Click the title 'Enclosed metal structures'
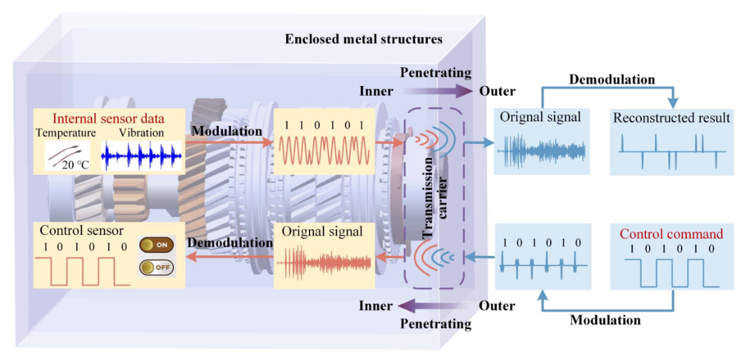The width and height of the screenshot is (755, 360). click(364, 39)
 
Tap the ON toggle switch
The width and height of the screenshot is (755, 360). click(157, 245)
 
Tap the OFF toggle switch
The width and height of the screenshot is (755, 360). click(157, 266)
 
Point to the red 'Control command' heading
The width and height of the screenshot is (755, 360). click(672, 234)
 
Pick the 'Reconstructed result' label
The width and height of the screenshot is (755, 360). click(673, 117)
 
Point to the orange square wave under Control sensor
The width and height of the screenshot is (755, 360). click(82, 271)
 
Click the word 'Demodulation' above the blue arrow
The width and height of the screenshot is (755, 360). click(612, 80)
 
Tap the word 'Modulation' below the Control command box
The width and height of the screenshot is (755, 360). click(605, 319)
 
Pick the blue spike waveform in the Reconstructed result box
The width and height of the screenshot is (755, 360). click(673, 151)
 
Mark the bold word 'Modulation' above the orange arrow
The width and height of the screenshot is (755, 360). click(226, 131)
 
